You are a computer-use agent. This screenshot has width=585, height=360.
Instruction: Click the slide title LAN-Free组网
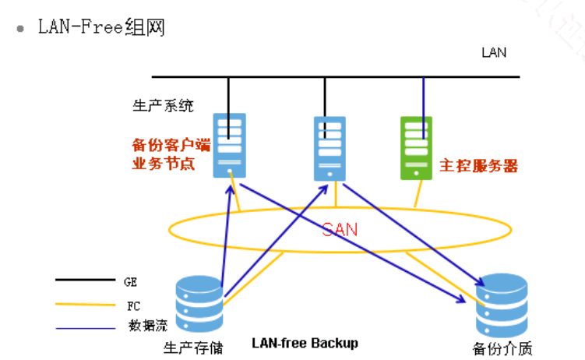(101, 27)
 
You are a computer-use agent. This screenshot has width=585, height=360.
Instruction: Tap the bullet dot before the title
(20, 28)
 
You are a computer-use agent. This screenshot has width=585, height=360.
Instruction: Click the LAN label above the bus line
(494, 53)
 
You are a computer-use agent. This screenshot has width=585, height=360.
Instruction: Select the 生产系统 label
(163, 105)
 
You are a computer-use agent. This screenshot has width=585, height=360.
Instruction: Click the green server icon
(416, 147)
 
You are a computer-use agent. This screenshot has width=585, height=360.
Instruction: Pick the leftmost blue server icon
(229, 144)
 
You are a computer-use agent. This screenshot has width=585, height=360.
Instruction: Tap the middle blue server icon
(330, 148)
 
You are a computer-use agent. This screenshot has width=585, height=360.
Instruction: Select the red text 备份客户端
(171, 145)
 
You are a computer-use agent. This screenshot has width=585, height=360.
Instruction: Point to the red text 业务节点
(163, 164)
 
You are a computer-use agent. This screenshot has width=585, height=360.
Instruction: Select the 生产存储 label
(189, 346)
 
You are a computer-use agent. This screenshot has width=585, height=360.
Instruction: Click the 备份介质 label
(502, 348)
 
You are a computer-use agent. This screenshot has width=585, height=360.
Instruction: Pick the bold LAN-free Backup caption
(305, 343)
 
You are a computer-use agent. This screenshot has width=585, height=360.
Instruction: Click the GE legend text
(130, 280)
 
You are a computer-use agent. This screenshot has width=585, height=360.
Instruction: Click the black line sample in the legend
(84, 279)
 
